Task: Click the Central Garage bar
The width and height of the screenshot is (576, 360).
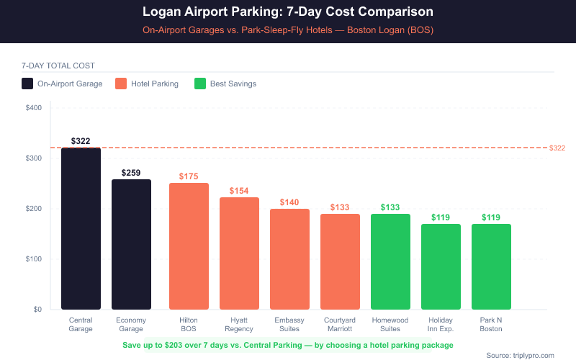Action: pyautogui.click(x=81, y=228)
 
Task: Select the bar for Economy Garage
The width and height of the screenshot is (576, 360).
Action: pyautogui.click(x=131, y=245)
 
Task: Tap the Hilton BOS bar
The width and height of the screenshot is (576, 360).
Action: pyautogui.click(x=189, y=246)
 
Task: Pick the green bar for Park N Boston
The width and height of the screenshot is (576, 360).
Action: pyautogui.click(x=491, y=266)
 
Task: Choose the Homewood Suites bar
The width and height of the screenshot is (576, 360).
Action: pyautogui.click(x=390, y=261)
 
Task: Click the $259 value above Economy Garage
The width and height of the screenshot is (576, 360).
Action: pyautogui.click(x=131, y=173)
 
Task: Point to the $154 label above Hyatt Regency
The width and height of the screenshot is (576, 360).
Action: pyautogui.click(x=239, y=191)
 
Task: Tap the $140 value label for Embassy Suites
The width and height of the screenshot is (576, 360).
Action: pyautogui.click(x=289, y=202)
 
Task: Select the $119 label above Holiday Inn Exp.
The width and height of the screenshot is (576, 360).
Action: pyautogui.click(x=441, y=217)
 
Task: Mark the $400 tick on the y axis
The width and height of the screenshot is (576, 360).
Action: pyautogui.click(x=34, y=108)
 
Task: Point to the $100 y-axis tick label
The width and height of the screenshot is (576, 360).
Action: pyautogui.click(x=34, y=259)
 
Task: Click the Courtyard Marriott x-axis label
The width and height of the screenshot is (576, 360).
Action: pyautogui.click(x=340, y=324)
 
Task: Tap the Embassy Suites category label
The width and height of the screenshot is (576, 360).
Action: pyautogui.click(x=289, y=324)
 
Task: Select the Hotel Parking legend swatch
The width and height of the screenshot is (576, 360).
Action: pyautogui.click(x=120, y=84)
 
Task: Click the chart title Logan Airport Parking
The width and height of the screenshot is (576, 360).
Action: pyautogui.click(x=288, y=13)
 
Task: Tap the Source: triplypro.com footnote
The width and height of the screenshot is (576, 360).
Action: pyautogui.click(x=520, y=355)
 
